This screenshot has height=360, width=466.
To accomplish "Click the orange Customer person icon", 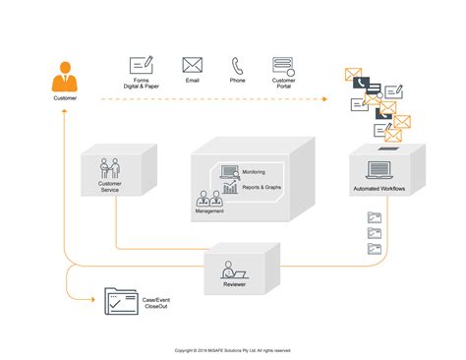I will pos(64,77).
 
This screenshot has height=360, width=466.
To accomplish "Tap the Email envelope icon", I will pos(192,66).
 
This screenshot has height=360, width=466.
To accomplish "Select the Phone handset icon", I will pos(238,66).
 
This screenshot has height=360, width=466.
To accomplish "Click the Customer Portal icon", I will pos(284,66).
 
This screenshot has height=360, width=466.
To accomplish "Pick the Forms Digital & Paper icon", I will pos(142,66).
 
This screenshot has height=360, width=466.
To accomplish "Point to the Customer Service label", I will pos(110,186).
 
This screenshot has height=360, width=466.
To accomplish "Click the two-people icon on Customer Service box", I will pos(110,166).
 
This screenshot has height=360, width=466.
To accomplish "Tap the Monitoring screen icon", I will pos(230,171).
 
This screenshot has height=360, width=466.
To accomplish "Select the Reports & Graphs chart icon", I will pos(230,188).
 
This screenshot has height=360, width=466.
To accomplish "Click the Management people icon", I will pos(208,199).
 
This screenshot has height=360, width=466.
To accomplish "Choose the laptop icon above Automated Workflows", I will pos(379,170).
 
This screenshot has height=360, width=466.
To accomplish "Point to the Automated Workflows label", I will pos(379,189).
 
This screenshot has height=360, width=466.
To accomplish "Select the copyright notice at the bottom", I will pos(232,349).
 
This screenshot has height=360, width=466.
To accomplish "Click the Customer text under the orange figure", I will pos(64,98).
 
